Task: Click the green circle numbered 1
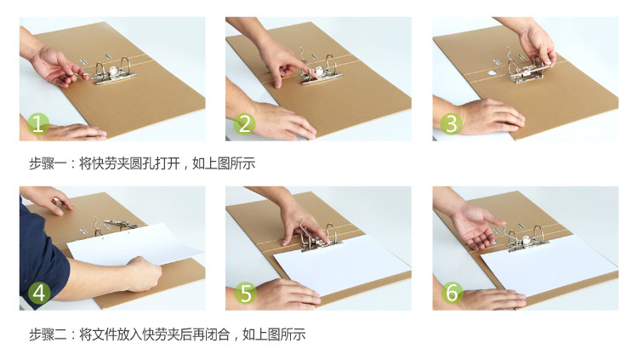38,123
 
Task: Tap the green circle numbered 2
244,123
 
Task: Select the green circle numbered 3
451,123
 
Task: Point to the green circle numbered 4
39,293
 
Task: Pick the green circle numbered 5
245,293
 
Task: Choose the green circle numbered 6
452,293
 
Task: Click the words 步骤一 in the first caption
48,163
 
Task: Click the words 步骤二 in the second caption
48,334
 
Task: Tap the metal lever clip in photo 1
110,71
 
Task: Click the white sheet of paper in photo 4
134,244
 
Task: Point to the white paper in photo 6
550,265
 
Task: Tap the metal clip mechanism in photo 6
527,240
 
